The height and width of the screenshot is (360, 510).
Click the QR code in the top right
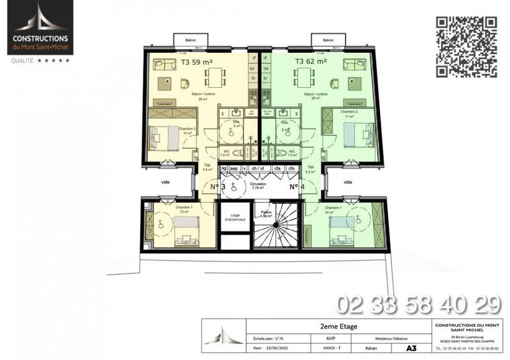(467, 46)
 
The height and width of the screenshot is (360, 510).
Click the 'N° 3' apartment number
(218, 187)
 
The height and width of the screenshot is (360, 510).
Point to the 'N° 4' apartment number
(295, 187)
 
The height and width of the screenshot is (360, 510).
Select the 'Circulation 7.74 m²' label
(258, 185)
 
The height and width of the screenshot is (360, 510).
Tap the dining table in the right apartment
(301, 79)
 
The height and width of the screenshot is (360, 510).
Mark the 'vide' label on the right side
(348, 182)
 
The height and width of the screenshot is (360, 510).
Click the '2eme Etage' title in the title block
(339, 326)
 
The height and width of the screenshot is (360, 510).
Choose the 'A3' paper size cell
(411, 349)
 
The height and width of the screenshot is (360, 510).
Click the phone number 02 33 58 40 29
(418, 305)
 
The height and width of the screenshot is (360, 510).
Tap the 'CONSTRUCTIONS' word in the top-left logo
(40, 38)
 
